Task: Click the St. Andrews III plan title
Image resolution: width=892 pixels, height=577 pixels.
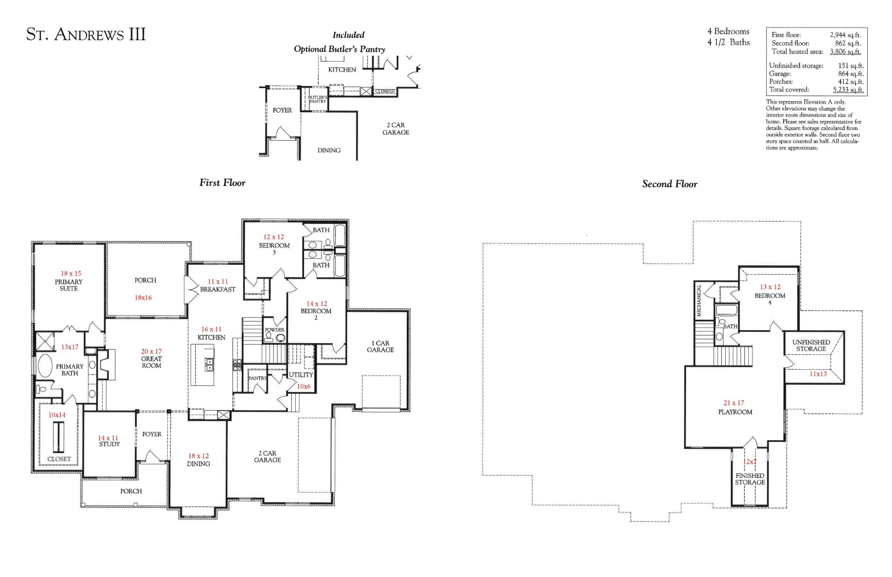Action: (86, 34)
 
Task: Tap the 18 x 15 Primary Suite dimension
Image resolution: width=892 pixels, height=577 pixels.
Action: (71, 273)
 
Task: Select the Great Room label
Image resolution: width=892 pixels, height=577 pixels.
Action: (152, 362)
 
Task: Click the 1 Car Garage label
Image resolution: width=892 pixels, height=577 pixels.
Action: (380, 347)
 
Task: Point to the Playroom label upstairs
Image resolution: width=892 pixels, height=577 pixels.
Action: (735, 412)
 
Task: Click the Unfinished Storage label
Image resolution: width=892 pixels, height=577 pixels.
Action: (811, 345)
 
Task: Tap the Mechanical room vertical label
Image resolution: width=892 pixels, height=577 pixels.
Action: (699, 300)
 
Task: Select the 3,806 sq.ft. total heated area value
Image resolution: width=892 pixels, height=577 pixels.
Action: (845, 51)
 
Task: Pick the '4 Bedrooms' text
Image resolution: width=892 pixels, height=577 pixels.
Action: (728, 31)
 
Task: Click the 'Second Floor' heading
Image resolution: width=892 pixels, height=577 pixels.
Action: (669, 184)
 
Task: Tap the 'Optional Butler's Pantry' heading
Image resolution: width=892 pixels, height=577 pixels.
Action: (339, 49)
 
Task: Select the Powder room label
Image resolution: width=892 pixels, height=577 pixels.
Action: (274, 330)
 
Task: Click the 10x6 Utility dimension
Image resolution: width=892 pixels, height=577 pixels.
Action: (304, 386)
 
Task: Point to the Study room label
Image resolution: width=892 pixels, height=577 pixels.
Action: (109, 444)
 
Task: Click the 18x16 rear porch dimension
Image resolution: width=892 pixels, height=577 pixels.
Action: (143, 298)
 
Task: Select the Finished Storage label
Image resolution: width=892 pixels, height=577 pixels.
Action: (750, 479)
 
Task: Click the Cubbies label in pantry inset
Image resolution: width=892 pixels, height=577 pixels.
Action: (385, 91)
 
